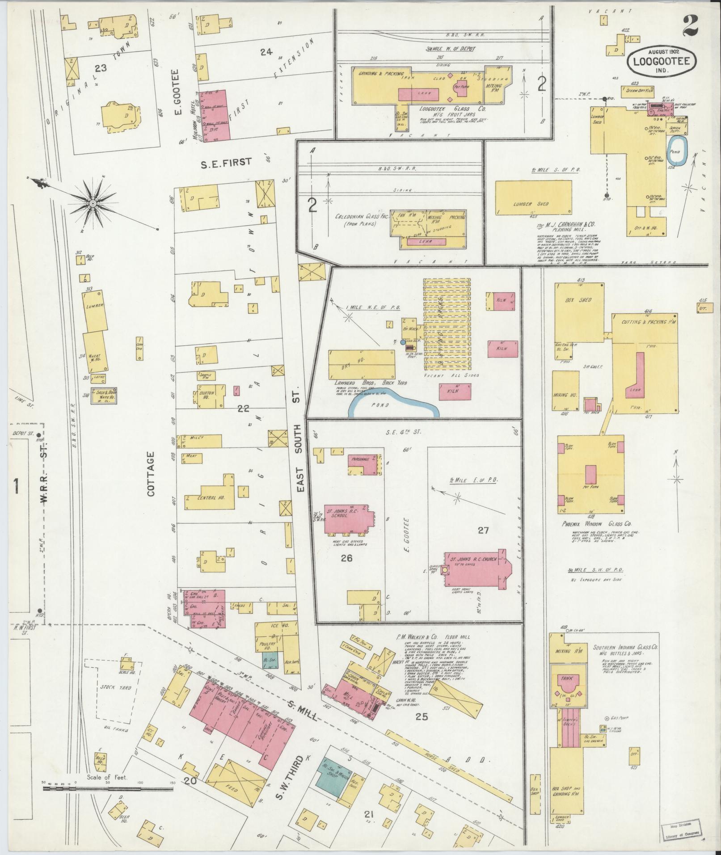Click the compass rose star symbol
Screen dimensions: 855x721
(93, 204)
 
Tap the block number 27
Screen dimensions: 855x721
(483, 530)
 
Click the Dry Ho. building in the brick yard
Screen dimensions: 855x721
(362, 363)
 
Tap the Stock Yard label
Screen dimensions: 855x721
(116, 688)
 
